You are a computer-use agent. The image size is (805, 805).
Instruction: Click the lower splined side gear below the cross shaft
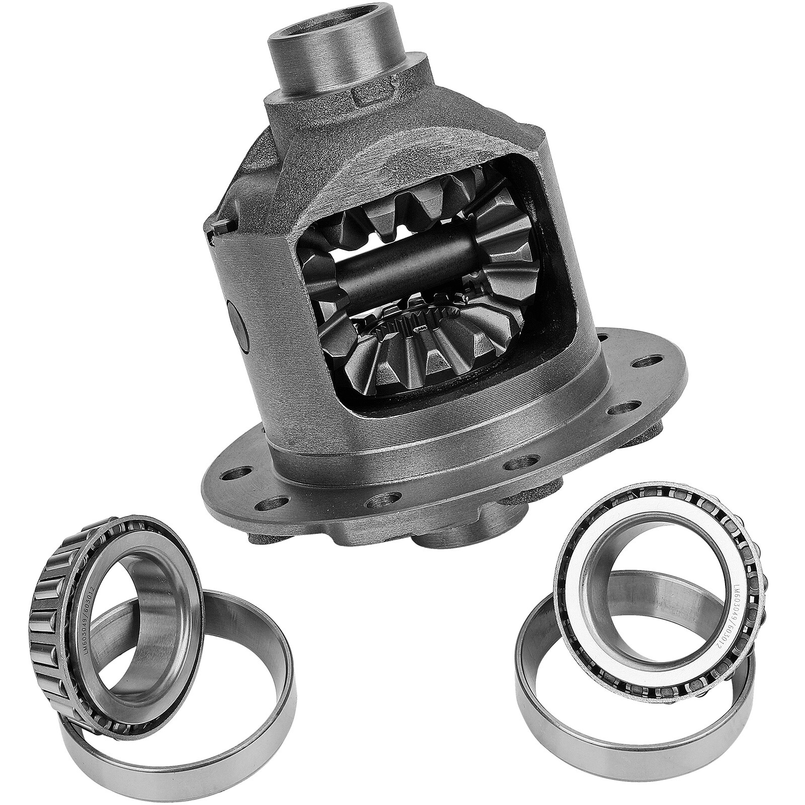pos(418,352)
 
